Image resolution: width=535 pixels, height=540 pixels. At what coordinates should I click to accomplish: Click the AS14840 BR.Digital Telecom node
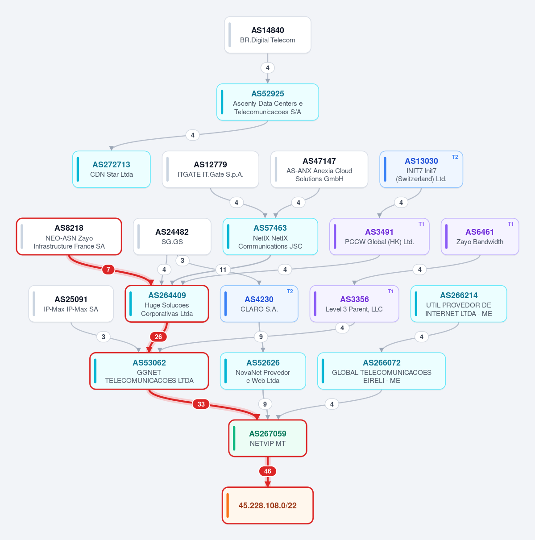[x=267, y=35]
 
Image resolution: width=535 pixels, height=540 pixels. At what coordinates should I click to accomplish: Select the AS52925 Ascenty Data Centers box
[x=267, y=102]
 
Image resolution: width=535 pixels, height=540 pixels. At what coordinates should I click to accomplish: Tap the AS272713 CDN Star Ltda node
[x=111, y=169]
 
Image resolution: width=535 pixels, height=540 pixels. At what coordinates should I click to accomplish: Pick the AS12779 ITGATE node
[x=210, y=169]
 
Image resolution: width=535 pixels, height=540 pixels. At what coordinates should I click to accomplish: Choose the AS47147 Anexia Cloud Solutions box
[x=319, y=169]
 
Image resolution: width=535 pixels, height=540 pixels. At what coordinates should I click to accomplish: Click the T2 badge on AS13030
[x=455, y=157]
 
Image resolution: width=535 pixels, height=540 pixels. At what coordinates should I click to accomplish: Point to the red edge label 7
[x=108, y=269]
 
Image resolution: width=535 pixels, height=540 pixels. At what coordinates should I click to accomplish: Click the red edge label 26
[x=158, y=336]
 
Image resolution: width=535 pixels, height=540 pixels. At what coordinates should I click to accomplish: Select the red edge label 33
[x=201, y=404]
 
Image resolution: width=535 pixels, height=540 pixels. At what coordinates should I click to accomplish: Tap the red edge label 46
[x=268, y=471]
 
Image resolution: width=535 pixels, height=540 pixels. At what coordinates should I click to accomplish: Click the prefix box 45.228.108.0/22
[x=267, y=505]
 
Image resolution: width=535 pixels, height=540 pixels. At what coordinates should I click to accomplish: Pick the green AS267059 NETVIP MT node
[x=267, y=438]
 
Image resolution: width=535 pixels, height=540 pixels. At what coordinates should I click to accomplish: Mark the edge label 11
[x=223, y=269]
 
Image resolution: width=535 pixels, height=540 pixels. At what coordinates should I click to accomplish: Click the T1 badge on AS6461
[x=510, y=224]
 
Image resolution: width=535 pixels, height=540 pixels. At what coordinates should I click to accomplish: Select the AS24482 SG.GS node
[x=172, y=237]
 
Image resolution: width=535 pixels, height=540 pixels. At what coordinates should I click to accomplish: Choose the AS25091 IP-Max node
[x=71, y=304]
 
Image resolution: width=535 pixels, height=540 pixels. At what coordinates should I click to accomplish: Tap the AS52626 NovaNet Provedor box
[x=263, y=371]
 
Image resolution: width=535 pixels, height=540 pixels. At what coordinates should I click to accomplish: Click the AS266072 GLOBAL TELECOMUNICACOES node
[x=382, y=371]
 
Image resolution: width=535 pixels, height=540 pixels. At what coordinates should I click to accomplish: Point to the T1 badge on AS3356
[x=390, y=291]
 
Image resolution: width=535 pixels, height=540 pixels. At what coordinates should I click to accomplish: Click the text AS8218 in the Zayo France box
[x=69, y=228]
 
